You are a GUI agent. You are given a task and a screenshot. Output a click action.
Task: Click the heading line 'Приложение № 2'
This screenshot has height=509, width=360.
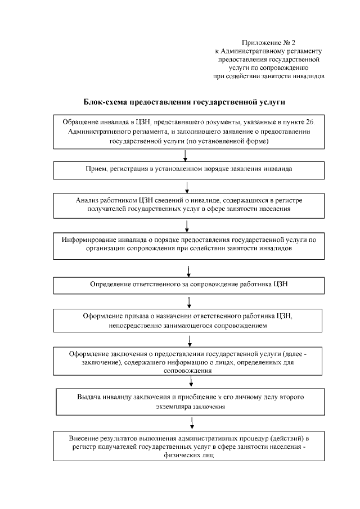coord(268,42)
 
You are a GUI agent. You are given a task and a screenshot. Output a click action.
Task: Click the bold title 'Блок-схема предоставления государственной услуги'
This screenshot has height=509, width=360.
coord(184,103)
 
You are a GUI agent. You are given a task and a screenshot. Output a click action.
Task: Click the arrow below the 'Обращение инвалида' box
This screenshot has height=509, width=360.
coord(185,156)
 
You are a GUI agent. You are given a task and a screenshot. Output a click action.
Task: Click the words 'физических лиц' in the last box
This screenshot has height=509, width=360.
coord(190,456)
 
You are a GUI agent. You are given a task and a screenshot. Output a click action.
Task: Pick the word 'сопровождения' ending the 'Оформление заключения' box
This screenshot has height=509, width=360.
coord(187,371)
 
